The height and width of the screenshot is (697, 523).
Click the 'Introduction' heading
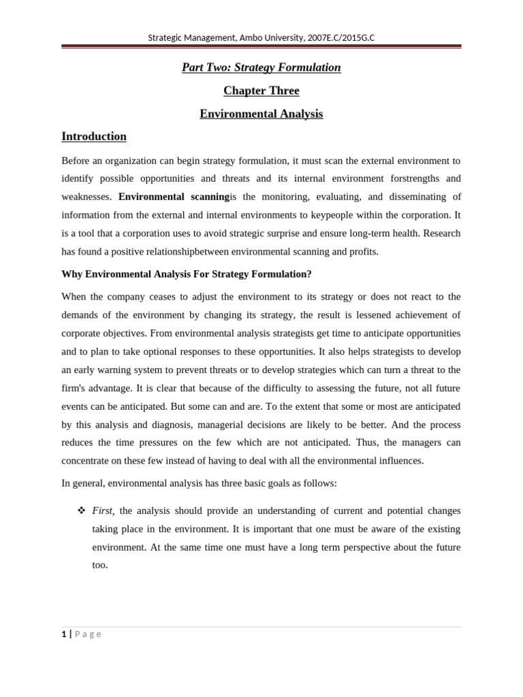pos(94,136)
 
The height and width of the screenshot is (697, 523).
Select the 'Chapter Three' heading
pos(261,91)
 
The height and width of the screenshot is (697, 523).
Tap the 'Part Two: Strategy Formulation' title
pos(261,67)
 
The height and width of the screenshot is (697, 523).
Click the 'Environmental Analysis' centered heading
pos(261,114)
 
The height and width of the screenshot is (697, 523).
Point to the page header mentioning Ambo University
pos(261,37)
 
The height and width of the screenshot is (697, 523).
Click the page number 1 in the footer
pos(64,634)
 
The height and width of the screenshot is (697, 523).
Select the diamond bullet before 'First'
pos(82,510)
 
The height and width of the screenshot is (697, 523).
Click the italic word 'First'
pos(102,510)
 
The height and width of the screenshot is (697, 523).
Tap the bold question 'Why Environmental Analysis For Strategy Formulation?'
pos(186,274)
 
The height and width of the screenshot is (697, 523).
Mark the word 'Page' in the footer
pos(88,634)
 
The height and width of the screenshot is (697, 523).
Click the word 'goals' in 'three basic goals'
pos(281,483)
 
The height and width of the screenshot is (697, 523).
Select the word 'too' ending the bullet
pos(99,565)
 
